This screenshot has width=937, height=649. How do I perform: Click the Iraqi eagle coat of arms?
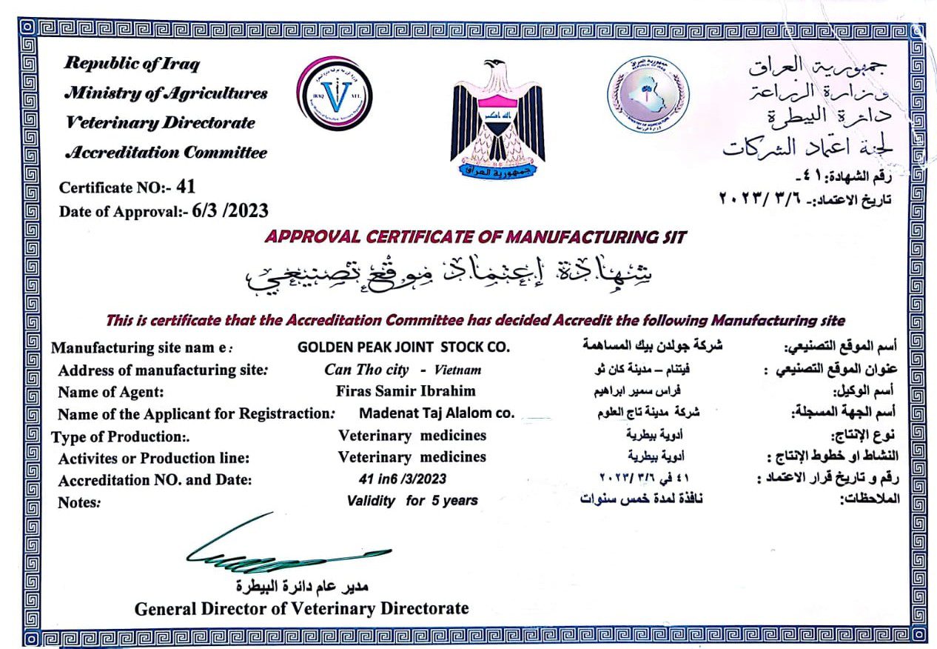(497, 122)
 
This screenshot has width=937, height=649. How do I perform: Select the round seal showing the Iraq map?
(648, 95)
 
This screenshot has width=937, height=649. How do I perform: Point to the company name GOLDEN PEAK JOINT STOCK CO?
(403, 347)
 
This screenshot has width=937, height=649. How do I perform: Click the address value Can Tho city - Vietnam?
(403, 369)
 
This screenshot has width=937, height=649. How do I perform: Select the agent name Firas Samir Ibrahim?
(406, 391)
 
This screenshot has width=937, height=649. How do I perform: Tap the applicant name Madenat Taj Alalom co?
(436, 413)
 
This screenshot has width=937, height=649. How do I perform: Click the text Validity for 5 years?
(412, 501)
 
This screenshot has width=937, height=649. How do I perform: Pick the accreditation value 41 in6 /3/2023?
(403, 479)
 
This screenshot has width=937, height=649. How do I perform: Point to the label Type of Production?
(118, 436)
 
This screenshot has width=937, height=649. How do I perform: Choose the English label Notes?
(79, 502)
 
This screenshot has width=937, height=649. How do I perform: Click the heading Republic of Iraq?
(132, 64)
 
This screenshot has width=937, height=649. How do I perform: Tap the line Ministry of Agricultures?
(166, 93)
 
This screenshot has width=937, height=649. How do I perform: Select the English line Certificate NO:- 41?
(127, 187)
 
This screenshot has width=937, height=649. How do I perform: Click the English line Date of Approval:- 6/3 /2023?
(164, 211)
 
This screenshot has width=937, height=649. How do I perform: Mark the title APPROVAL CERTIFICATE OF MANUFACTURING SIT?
(475, 237)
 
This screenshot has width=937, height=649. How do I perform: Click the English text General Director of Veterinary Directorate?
(301, 609)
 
